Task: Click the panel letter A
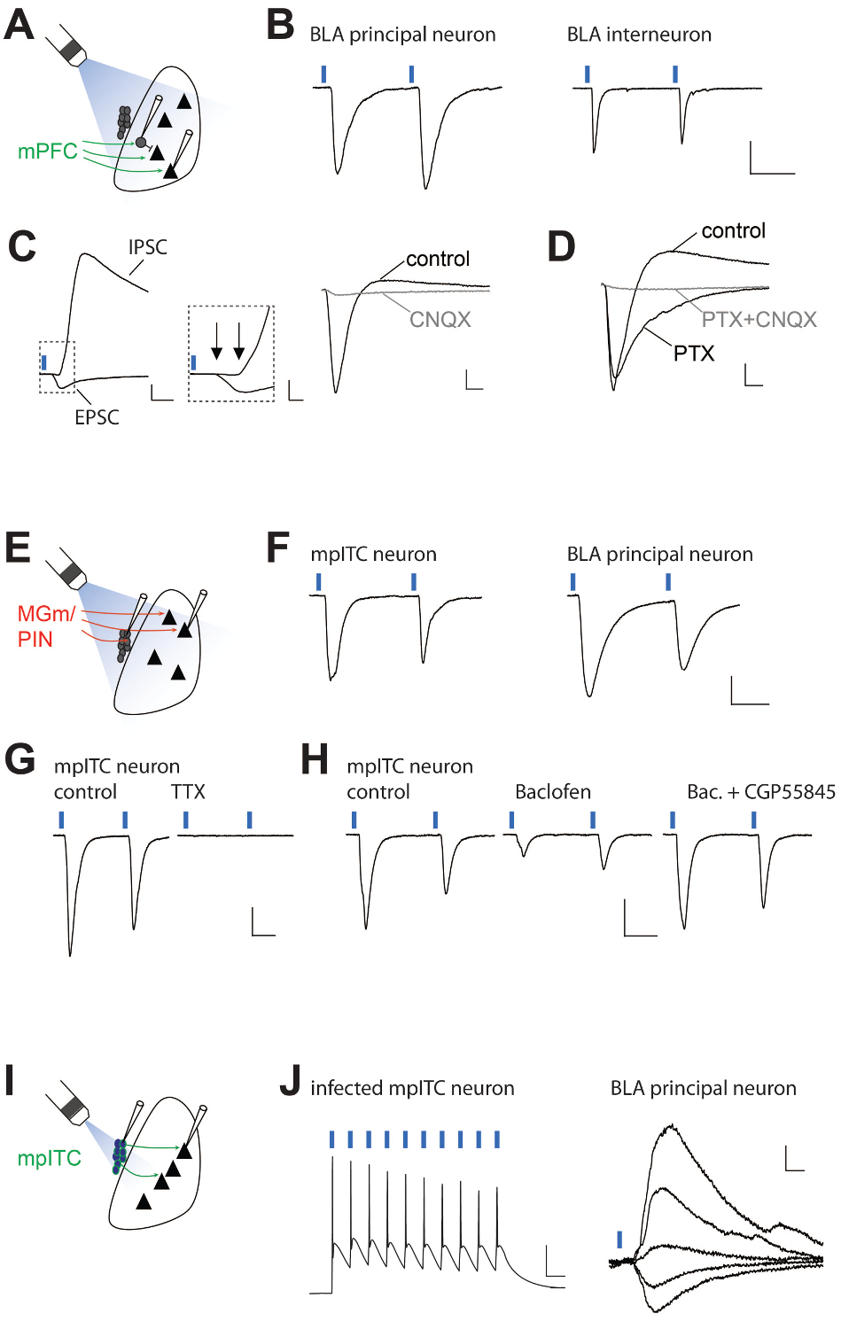pos(19,25)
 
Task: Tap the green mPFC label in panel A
pos(48,152)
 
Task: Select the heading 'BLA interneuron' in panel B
pos(639,35)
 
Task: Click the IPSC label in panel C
pos(147,247)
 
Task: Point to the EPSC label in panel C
pos(97,417)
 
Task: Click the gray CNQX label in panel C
pos(440,320)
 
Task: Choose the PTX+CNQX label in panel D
pos(759,320)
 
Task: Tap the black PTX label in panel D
pos(693,354)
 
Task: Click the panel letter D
pos(561,247)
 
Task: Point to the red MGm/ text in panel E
pos(46,614)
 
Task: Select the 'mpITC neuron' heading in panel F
pos(373,555)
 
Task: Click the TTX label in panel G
pos(188,792)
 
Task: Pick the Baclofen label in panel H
pos(553,792)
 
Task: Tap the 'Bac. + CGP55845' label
pos(760,792)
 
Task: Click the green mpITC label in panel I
pos(49,1159)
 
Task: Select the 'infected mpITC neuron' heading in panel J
pos(412,1088)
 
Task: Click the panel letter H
pos(315,760)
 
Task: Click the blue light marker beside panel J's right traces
pos(619,1239)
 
